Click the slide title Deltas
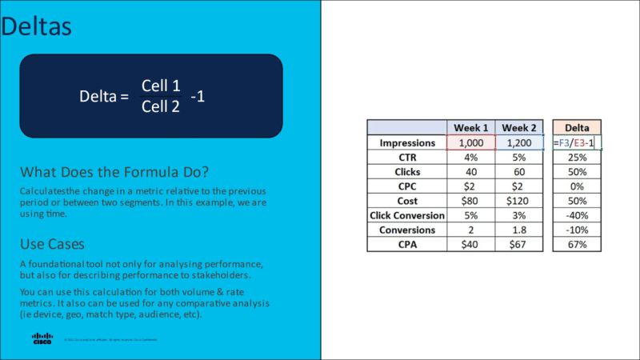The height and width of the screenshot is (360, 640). point(36,26)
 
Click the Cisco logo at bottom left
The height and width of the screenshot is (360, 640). point(42,339)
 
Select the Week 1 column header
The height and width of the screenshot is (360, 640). point(471,128)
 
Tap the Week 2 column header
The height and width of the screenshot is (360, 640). point(520,128)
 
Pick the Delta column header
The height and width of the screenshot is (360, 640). point(577,128)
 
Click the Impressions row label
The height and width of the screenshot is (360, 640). point(407,143)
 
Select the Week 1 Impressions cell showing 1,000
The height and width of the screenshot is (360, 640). point(471,143)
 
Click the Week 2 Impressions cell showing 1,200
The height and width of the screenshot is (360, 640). point(520,143)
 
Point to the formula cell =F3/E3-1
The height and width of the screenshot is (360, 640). point(577,143)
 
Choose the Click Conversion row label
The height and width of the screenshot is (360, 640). point(407,215)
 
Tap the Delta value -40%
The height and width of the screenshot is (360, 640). point(577,215)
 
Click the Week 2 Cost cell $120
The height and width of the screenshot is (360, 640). point(520,201)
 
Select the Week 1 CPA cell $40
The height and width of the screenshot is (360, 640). point(471,244)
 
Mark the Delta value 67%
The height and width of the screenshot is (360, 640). point(577,244)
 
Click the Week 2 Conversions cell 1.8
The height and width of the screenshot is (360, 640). point(520,230)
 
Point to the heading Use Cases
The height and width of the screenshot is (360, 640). point(52,242)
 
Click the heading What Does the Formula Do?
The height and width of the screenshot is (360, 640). point(117,172)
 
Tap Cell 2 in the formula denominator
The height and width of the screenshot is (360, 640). point(161,106)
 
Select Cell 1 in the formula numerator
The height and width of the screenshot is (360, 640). point(161,86)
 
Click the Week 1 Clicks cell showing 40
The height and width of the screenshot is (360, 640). point(471,172)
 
